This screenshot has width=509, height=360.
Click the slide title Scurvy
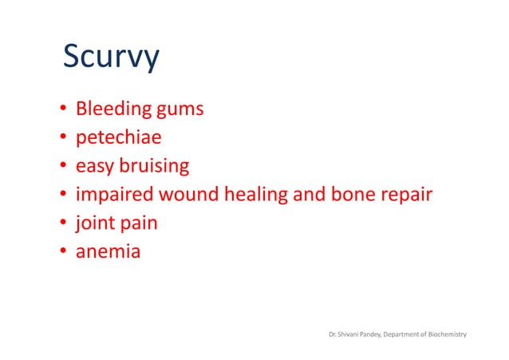111,58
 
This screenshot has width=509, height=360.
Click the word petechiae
118,137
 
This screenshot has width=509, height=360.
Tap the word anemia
108,252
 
